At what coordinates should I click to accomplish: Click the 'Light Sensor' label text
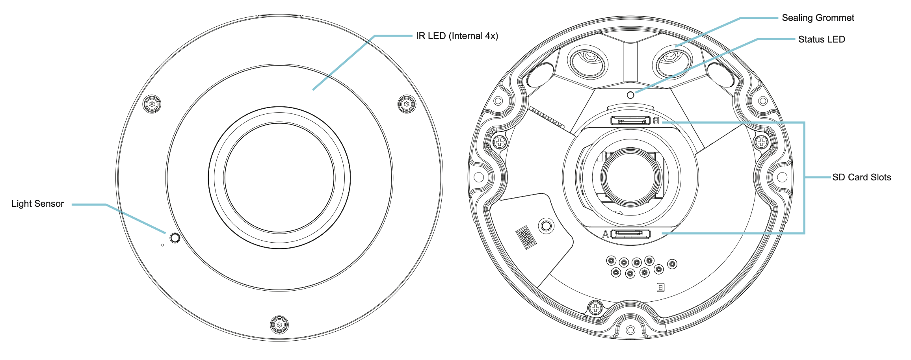click(x=37, y=204)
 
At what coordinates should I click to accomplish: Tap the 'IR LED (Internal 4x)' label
click(x=457, y=36)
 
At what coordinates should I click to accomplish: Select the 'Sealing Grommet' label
click(x=818, y=18)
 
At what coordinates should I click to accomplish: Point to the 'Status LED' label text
click(x=822, y=39)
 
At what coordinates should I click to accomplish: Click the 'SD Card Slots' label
click(x=862, y=177)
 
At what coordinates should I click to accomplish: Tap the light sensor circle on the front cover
click(x=175, y=238)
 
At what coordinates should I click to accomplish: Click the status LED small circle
click(x=630, y=95)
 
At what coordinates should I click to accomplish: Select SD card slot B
click(x=630, y=120)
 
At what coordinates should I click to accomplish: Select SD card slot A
click(x=630, y=234)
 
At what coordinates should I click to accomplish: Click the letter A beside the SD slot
click(x=606, y=234)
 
